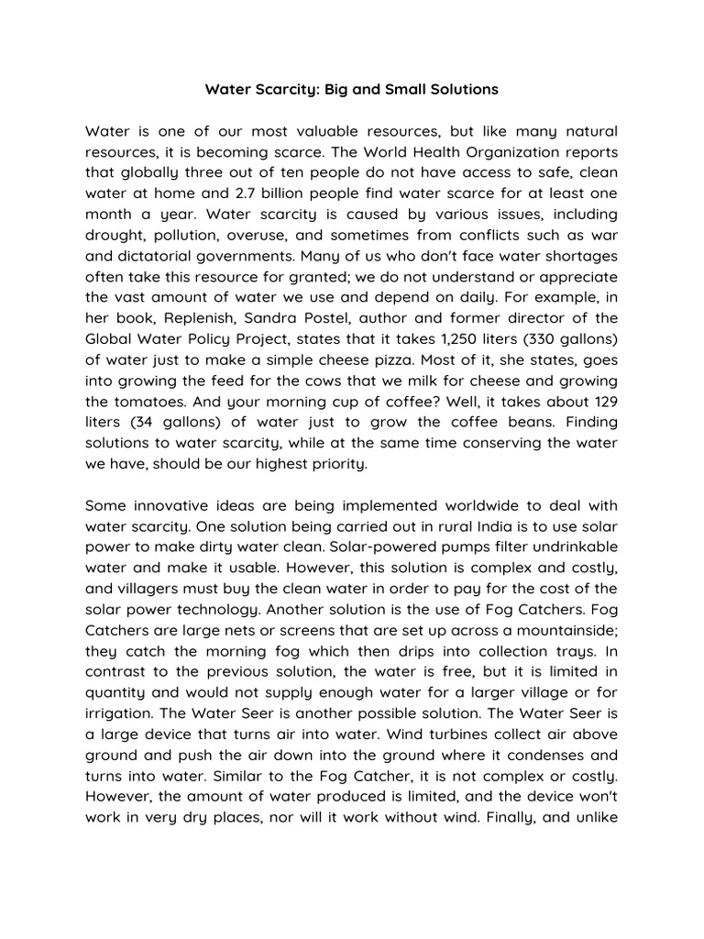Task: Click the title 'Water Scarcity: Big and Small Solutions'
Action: (x=352, y=90)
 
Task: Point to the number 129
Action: (x=601, y=401)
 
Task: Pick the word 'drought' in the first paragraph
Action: (x=115, y=234)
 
